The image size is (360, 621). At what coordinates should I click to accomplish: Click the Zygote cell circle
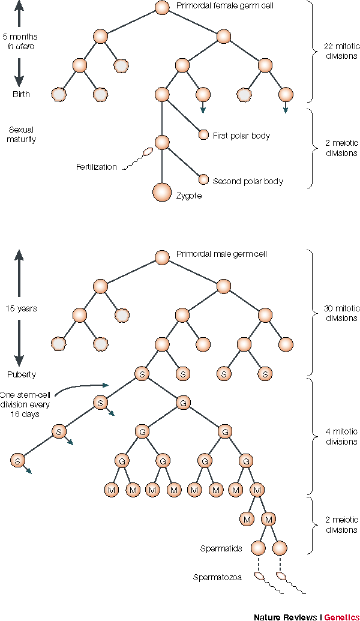tap(162, 192)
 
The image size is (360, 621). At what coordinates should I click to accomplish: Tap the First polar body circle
tap(203, 134)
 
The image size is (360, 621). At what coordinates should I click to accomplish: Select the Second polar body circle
tap(203, 179)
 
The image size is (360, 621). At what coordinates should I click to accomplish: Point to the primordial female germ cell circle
tap(162, 8)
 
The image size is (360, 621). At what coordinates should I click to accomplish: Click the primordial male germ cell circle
tap(162, 257)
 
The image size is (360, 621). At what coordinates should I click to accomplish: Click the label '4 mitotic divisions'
tap(342, 436)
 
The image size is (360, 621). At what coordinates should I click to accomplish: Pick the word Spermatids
tap(221, 548)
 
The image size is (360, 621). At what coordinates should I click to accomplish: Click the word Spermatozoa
tap(217, 577)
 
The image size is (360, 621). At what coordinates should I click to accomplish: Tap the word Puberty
tap(22, 374)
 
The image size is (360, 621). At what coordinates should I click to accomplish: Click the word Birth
tap(21, 94)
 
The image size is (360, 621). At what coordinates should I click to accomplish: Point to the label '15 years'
tap(22, 308)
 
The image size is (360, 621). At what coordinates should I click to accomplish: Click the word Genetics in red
tap(342, 617)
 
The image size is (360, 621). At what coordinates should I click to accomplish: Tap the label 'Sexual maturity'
tap(22, 134)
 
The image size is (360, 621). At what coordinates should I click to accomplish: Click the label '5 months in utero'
tap(20, 41)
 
